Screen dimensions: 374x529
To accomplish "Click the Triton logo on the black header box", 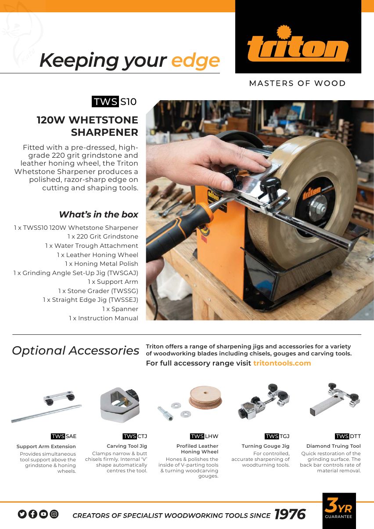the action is (x=298, y=43).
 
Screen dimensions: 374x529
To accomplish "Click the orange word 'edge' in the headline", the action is (x=196, y=61).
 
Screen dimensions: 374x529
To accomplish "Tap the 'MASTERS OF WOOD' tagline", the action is (x=297, y=83).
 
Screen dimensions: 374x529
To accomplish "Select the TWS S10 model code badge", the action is (x=114, y=101).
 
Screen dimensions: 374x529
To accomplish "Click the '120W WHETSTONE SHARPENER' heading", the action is (x=87, y=126).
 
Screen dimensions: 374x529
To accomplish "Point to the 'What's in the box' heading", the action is (x=99, y=214).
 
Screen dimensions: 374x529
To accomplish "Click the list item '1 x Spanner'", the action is (x=120, y=309).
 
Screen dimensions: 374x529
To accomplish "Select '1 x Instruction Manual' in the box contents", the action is (x=103, y=318).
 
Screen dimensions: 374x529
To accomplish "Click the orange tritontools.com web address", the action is (x=282, y=363).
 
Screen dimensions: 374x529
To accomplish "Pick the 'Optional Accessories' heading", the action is (x=76, y=351).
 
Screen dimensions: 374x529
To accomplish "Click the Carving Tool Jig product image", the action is (x=120, y=405).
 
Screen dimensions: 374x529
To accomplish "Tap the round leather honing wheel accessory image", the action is (x=205, y=398).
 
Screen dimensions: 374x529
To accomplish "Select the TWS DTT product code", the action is (x=348, y=436).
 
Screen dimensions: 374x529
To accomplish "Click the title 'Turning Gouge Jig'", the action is (x=266, y=446).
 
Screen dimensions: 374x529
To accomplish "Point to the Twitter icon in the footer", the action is (x=22, y=514).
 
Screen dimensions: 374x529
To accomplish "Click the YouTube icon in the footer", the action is (x=43, y=514).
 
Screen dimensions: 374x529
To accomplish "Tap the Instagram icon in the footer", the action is (x=54, y=514).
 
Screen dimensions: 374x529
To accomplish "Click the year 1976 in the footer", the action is (x=290, y=514).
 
